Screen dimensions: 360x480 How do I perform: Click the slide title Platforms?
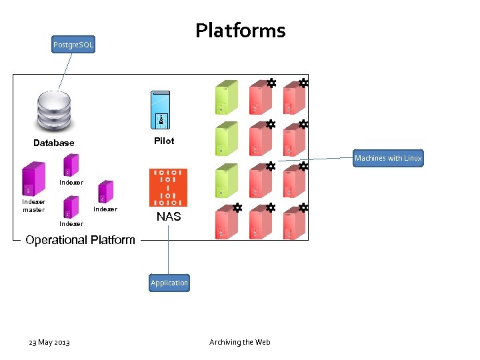(240, 31)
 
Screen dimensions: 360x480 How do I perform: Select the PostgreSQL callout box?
(73, 45)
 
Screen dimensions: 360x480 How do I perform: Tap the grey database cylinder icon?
(54, 111)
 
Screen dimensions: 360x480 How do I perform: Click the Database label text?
(54, 143)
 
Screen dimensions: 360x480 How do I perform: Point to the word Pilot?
(164, 141)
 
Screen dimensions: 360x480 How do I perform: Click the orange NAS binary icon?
(168, 187)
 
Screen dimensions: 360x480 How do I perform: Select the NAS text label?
(168, 217)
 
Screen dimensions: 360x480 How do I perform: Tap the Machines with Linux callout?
(388, 158)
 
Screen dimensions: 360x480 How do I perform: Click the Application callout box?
(169, 283)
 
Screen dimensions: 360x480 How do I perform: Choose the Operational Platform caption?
(80, 240)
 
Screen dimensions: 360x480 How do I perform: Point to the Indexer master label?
(33, 206)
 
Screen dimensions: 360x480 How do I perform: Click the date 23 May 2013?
(49, 342)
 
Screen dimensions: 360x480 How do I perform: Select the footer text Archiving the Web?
(240, 342)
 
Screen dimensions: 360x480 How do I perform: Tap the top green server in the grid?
(227, 99)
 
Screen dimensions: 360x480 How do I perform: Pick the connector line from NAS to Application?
(168, 249)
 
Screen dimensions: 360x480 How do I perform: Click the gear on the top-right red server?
(303, 83)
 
